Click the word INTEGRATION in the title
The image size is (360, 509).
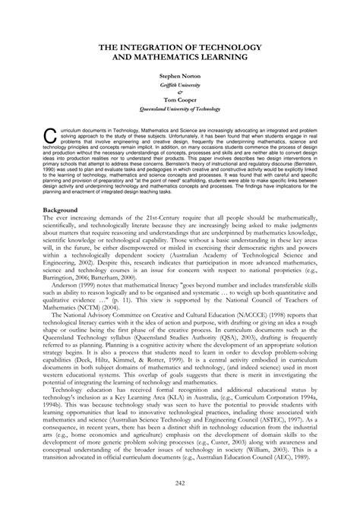click(172, 47)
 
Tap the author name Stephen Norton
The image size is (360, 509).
click(180, 77)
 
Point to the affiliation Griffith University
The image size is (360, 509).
click(180, 86)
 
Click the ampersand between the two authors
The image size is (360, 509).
click(180, 94)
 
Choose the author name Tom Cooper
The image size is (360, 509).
click(180, 103)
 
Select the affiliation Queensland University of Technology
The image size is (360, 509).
click(180, 112)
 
